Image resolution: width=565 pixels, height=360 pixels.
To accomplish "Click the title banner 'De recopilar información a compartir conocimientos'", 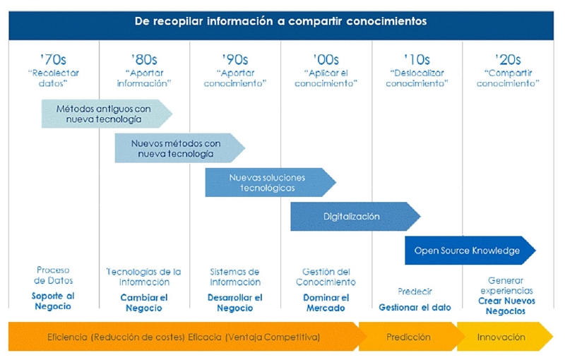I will pyautogui.click(x=280, y=21).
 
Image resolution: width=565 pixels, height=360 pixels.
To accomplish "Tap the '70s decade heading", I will pyautogui.click(x=54, y=59).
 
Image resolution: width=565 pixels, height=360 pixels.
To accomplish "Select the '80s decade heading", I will pyautogui.click(x=145, y=59).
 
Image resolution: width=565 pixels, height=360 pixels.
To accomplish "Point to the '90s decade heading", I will pyautogui.click(x=235, y=59).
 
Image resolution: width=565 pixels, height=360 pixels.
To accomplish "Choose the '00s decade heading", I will pyautogui.click(x=326, y=59).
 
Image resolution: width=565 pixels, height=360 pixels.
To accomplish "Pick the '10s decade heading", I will pyautogui.click(x=417, y=59).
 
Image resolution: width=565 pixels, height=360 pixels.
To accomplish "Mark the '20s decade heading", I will pyautogui.click(x=508, y=59).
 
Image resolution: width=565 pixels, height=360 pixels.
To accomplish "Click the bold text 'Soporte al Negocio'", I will pyautogui.click(x=53, y=301).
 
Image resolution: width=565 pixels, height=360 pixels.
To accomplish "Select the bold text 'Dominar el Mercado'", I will pyautogui.click(x=326, y=303).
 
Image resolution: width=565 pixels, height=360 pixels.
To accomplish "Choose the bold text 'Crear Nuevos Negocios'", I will pyautogui.click(x=507, y=305).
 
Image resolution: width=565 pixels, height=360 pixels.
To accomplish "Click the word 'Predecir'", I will pyautogui.click(x=415, y=291).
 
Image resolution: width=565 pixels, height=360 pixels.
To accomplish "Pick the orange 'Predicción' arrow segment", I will pyautogui.click(x=408, y=337).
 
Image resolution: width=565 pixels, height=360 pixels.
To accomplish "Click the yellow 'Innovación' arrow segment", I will pyautogui.click(x=501, y=337).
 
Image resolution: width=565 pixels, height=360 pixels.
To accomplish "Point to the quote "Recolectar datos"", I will pyautogui.click(x=54, y=78).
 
